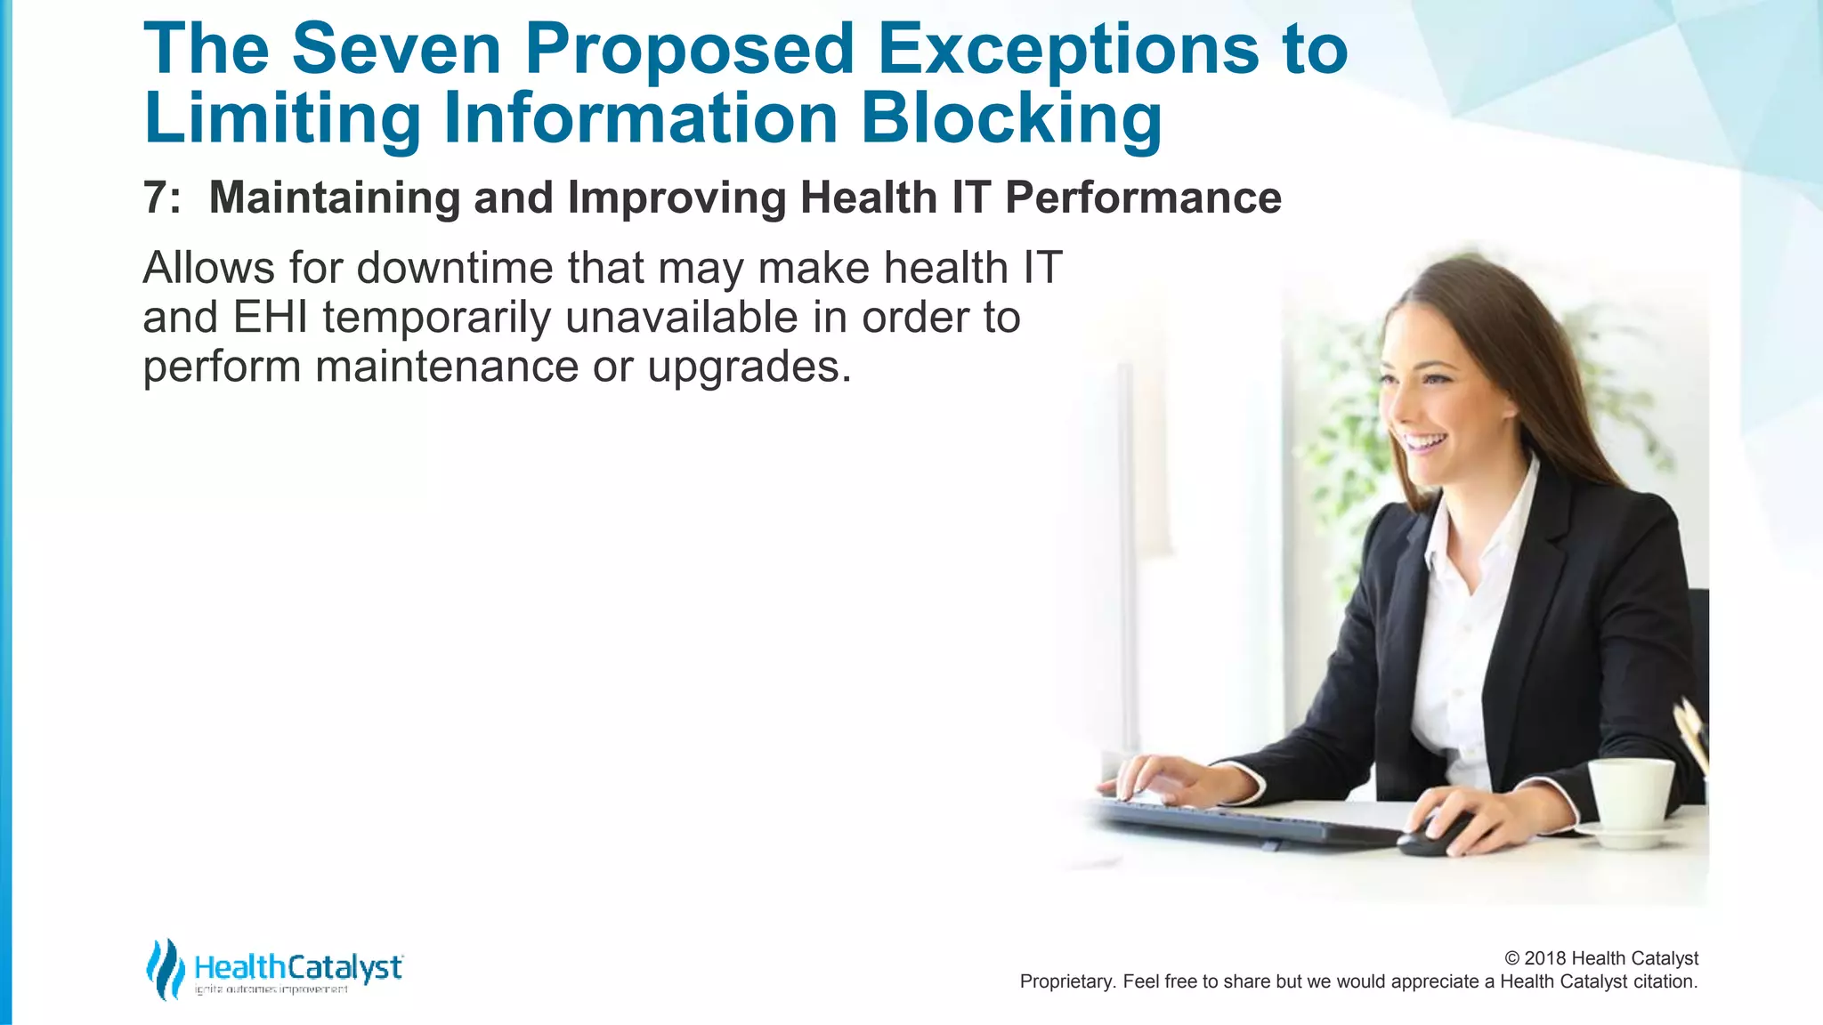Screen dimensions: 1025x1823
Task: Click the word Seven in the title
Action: pos(396,49)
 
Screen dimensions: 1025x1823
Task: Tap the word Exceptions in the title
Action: pos(1067,49)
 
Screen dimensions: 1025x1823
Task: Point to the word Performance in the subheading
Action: pos(1143,198)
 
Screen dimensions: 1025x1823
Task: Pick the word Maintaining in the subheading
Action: pos(334,198)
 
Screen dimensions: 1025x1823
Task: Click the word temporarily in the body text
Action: pos(436,318)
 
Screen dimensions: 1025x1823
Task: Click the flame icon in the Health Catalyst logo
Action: pos(165,969)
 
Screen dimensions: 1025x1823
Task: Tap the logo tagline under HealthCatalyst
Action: pos(271,990)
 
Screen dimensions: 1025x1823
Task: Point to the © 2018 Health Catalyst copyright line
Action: pos(1600,958)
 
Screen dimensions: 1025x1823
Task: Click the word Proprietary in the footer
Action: pos(1066,981)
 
